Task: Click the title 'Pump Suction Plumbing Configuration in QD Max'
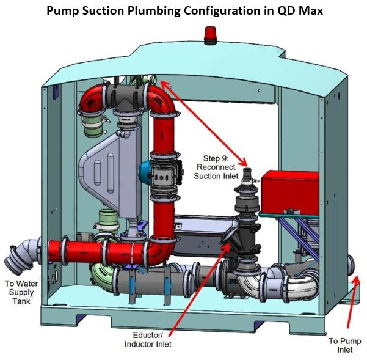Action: tap(183, 10)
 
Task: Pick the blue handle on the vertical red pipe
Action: tap(144, 169)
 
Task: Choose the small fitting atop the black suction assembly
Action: tap(247, 177)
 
